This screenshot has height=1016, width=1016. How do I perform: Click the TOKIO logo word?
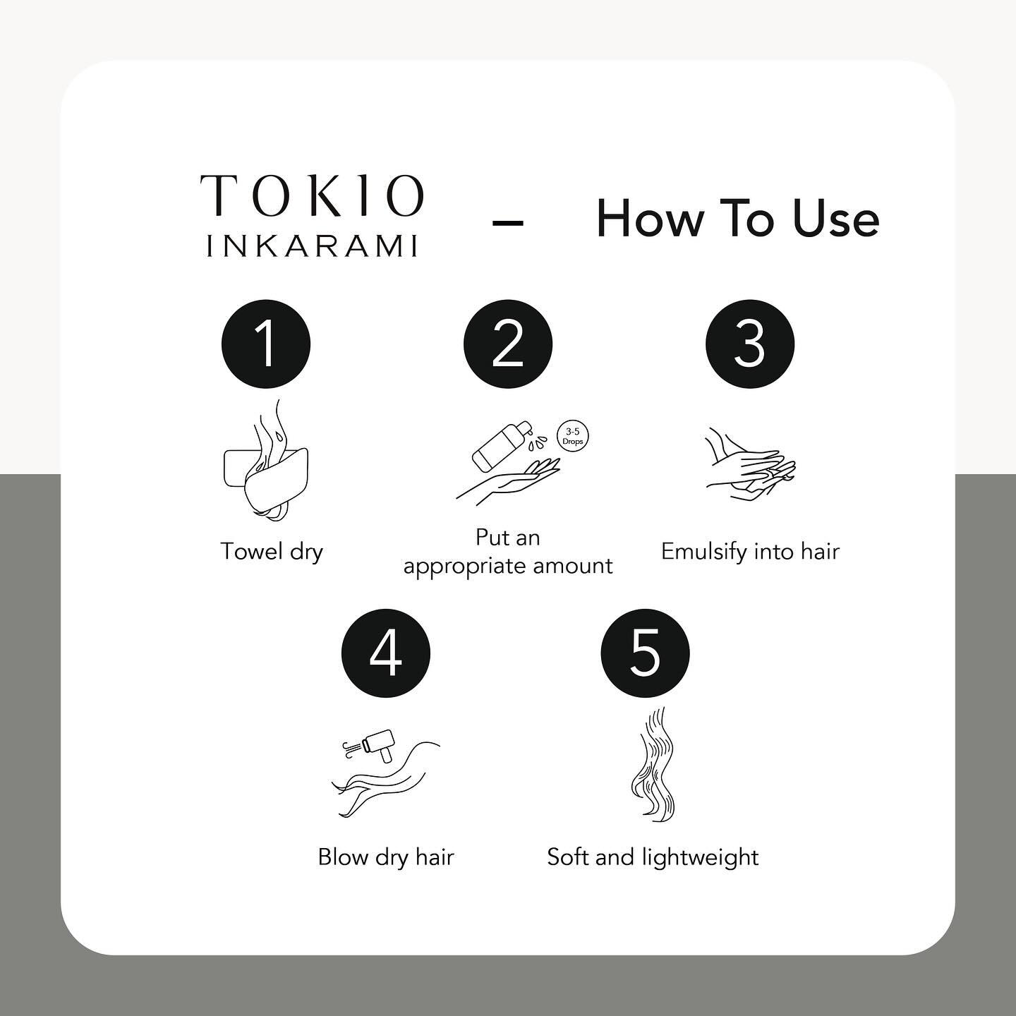click(312, 195)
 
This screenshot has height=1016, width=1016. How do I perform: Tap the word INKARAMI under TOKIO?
click(312, 246)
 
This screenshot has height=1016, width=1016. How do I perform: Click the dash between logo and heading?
click(507, 224)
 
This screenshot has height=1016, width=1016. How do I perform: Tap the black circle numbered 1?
click(266, 344)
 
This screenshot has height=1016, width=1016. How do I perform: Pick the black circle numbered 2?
click(508, 344)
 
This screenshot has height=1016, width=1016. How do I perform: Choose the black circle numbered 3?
click(750, 344)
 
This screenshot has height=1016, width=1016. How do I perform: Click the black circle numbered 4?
click(386, 653)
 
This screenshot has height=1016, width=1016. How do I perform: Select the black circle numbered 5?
click(645, 653)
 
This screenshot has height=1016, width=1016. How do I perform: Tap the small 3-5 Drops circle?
click(573, 437)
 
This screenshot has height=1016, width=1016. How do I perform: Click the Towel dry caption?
click(272, 552)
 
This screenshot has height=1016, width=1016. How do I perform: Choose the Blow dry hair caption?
click(386, 858)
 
